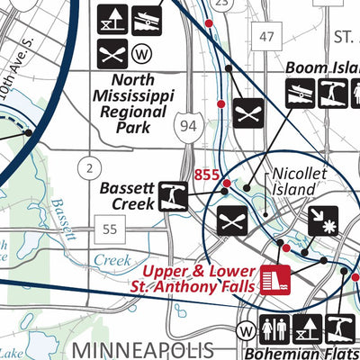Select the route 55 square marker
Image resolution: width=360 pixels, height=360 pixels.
109,229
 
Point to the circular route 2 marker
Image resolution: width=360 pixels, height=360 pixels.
88,166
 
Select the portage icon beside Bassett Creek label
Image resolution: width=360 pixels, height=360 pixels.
175,195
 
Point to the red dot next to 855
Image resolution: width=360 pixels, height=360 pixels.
226,183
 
